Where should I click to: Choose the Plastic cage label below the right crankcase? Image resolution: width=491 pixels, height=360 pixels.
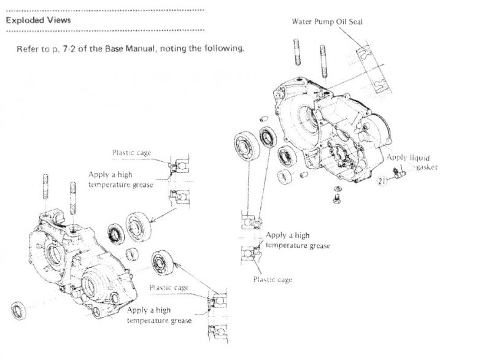point(273,280)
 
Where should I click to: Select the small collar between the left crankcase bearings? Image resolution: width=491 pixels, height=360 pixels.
point(130,253)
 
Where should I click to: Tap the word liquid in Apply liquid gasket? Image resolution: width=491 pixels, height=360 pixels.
point(417,158)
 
